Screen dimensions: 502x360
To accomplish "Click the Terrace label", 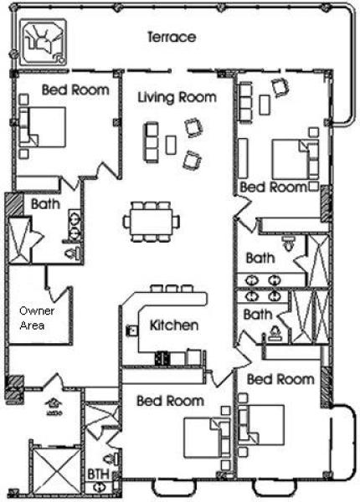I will pos(171,38).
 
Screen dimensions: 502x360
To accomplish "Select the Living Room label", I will pos(176,98).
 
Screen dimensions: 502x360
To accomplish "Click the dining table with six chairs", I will pos(152,219).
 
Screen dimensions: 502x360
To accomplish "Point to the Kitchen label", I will pos(173,325).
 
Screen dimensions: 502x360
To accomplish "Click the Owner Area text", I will pos(32,319).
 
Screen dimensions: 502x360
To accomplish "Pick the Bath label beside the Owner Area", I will pos(44,203).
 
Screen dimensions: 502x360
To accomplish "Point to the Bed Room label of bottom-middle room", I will pos(170,401).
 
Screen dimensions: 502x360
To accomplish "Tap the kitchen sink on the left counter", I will pos(132,330).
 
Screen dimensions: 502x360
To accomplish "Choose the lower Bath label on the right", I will pos(257,315).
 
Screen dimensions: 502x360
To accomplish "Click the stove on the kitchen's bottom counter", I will pos(162,358).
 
